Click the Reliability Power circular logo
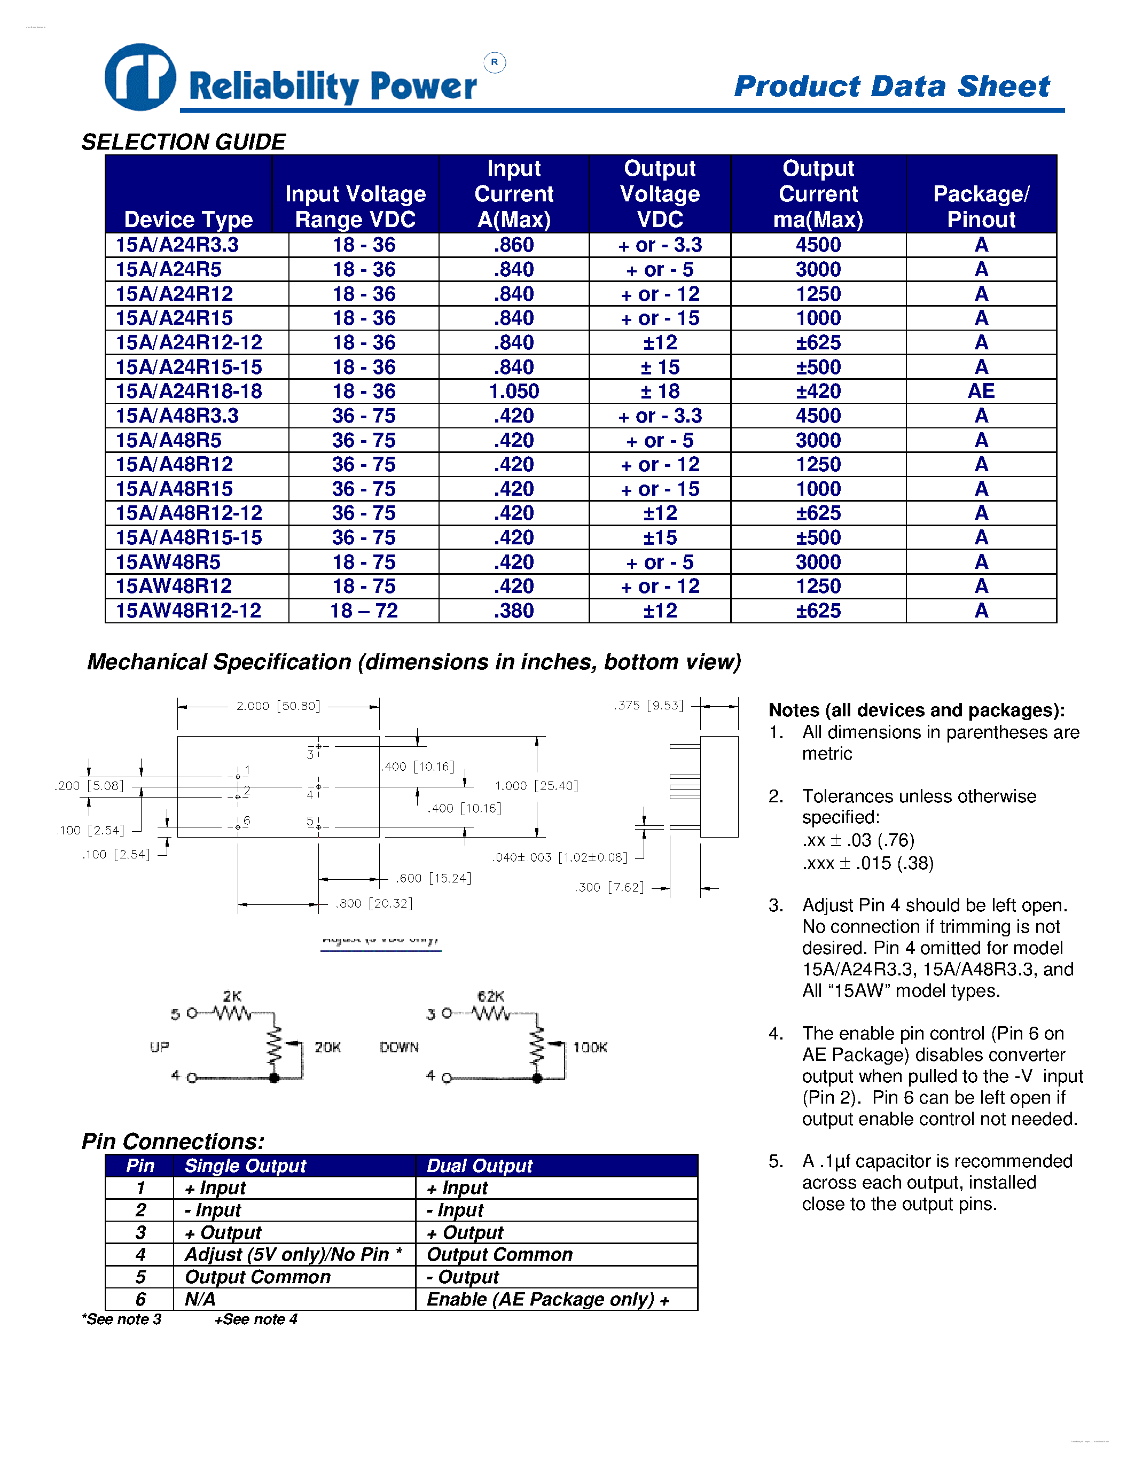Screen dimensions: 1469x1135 pos(140,77)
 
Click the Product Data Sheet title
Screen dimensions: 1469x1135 pos(891,86)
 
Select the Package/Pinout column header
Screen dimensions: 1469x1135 pos(981,207)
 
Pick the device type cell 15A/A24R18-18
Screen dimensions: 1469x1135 pos(189,392)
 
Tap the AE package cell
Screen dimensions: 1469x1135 pos(981,392)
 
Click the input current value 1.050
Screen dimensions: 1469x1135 pos(514,392)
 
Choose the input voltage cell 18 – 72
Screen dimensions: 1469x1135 pos(364,611)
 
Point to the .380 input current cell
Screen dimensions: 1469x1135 pos(514,611)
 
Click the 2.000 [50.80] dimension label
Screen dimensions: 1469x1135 pos(278,706)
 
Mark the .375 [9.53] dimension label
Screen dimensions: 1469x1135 pos(649,705)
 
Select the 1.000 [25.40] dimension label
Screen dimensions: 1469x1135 pos(537,786)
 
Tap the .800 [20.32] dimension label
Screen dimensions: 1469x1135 pos(374,903)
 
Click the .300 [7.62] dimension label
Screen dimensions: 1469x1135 pos(609,887)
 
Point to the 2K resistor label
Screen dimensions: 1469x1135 pos(233,996)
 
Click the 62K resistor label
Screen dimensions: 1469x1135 pos(491,996)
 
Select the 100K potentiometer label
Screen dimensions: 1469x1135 pos(590,1048)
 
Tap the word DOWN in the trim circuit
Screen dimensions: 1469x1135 pos(399,1048)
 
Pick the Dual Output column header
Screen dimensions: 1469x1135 pos(480,1166)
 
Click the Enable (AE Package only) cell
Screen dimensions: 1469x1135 pos(548,1300)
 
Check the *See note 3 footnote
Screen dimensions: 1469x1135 pos(122,1319)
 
